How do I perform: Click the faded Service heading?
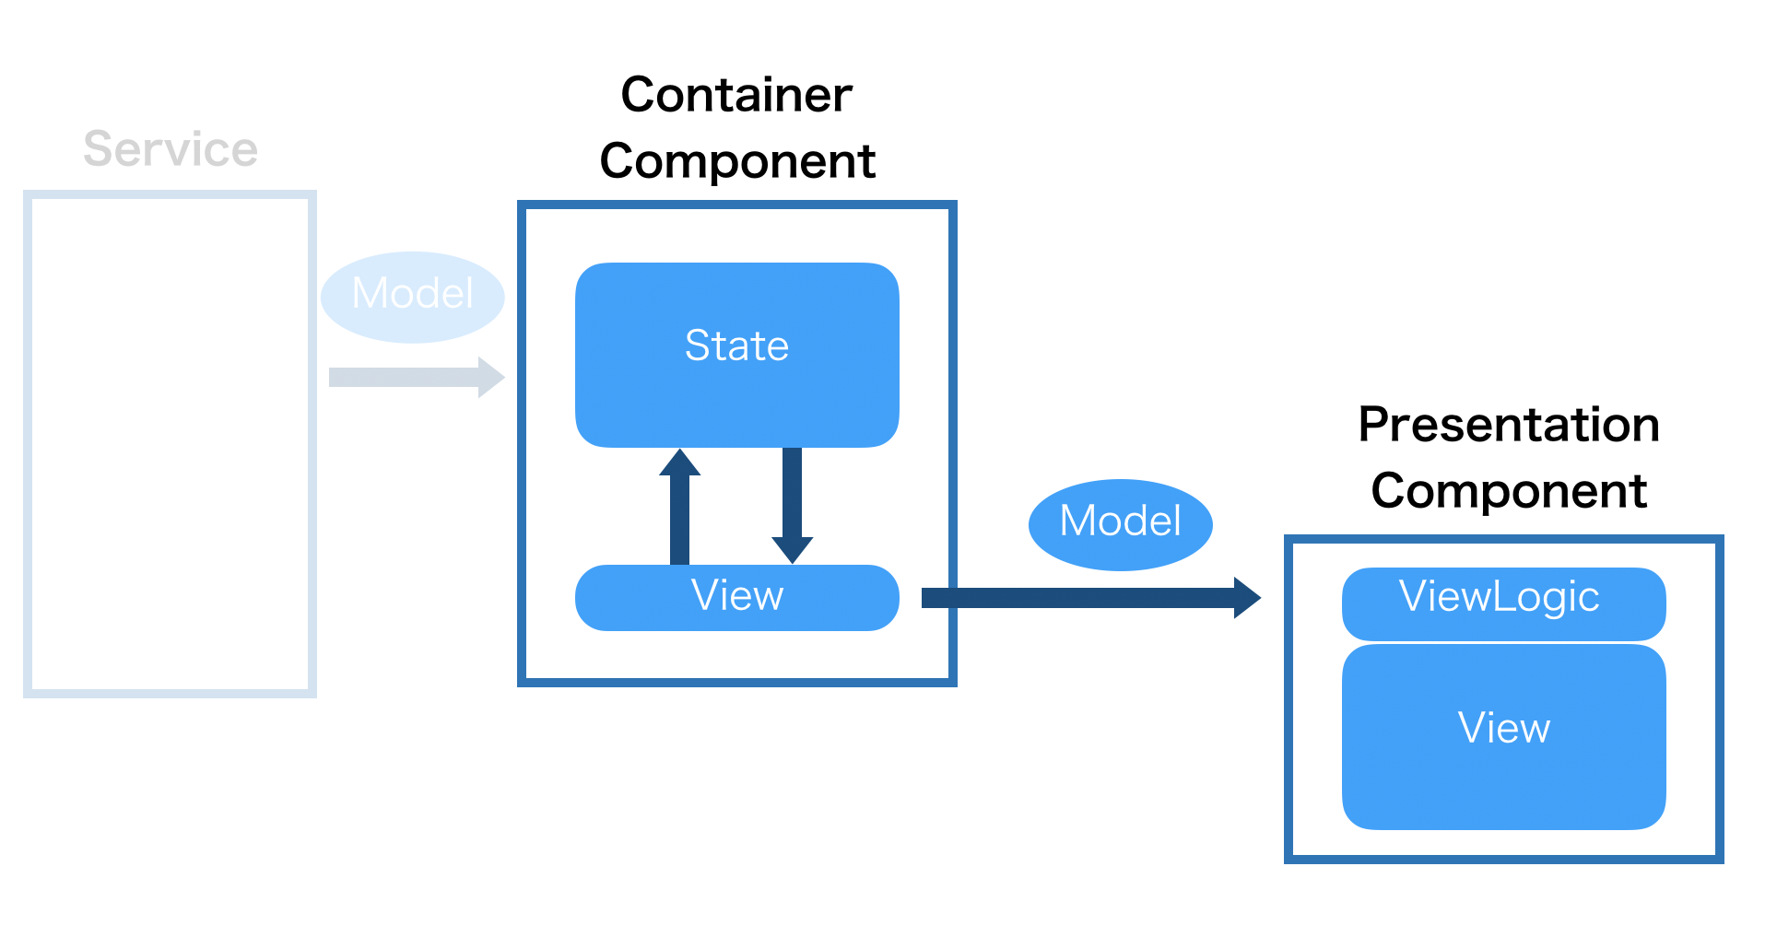click(171, 149)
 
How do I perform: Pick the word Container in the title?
click(736, 95)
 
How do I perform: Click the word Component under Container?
click(736, 161)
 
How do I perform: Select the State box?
click(736, 355)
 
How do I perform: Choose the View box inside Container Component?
click(736, 597)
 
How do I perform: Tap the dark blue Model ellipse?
click(1120, 523)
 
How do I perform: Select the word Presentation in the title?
click(1509, 425)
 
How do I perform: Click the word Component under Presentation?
click(1509, 491)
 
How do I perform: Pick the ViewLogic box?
click(1503, 603)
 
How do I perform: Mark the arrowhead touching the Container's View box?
click(792, 550)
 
